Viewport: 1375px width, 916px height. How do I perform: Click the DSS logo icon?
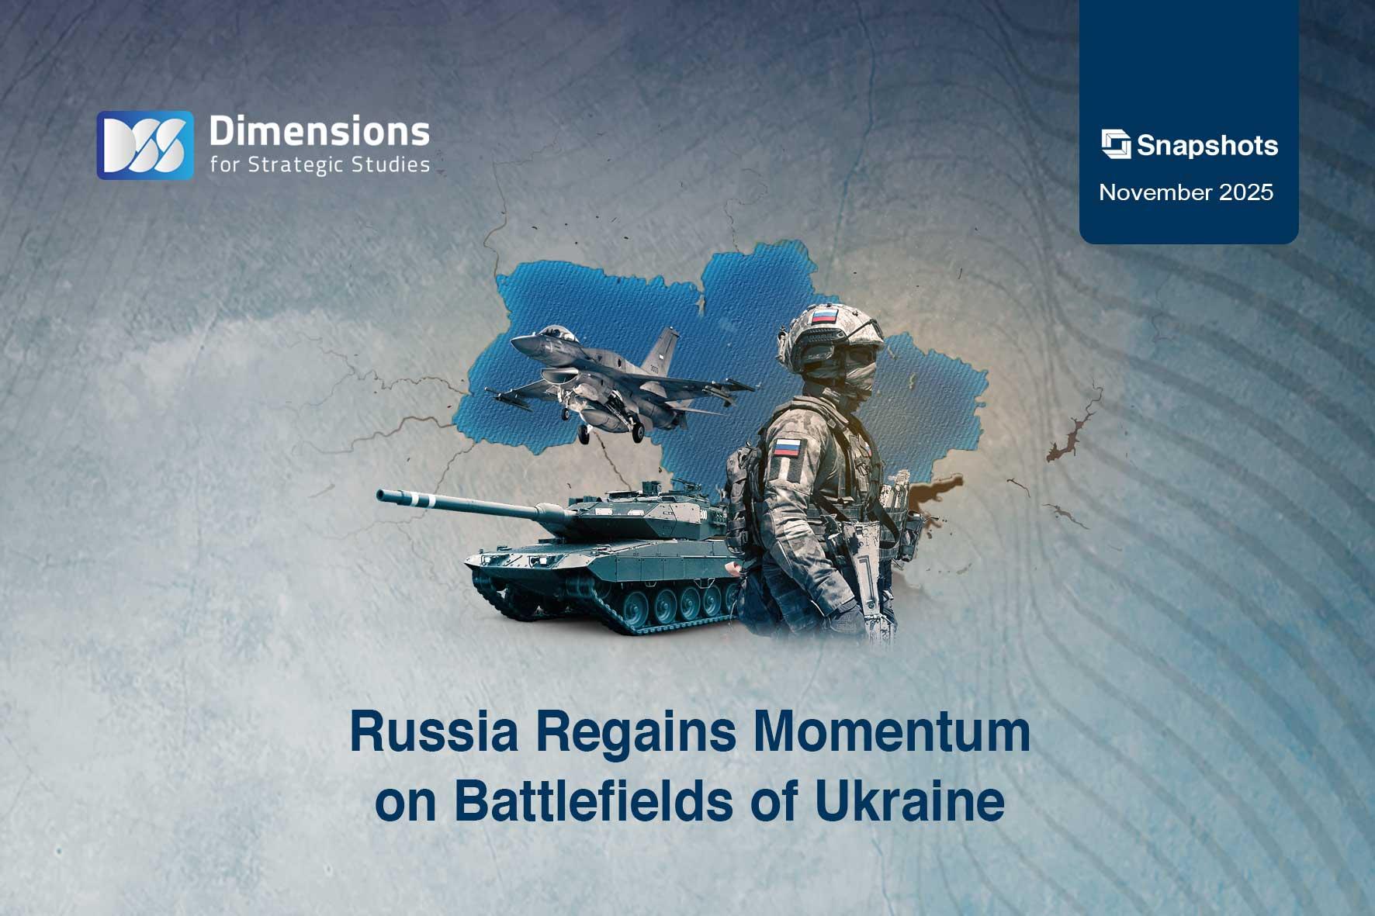point(145,145)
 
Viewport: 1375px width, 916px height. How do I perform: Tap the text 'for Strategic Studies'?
point(319,164)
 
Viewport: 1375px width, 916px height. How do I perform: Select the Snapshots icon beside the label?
point(1116,145)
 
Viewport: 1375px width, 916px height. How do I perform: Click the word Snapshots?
point(1207,146)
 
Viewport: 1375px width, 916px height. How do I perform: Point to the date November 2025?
point(1186,192)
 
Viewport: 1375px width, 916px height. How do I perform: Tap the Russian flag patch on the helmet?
point(824,316)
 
